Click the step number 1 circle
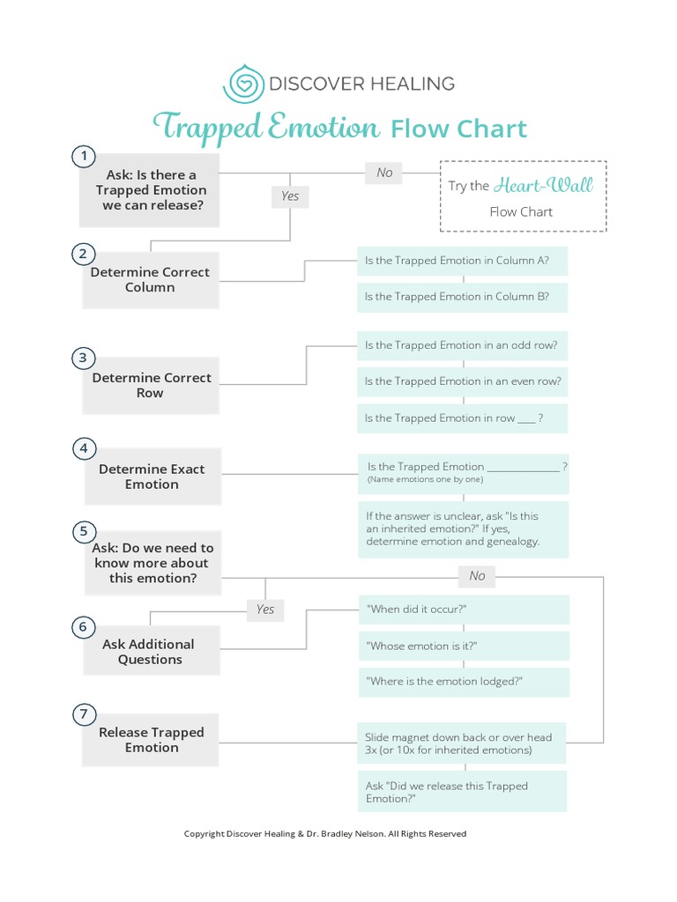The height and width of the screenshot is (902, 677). (83, 157)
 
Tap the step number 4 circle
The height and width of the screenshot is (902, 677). (83, 448)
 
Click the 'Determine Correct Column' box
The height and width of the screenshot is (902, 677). (151, 280)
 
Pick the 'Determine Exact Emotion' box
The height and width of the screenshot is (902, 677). (151, 477)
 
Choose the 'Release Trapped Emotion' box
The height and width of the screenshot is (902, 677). (151, 740)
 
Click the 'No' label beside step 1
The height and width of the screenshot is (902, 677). (384, 173)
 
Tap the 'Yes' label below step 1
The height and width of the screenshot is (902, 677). (290, 196)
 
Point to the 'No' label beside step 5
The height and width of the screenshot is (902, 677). (477, 575)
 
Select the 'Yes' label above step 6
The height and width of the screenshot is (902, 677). (265, 609)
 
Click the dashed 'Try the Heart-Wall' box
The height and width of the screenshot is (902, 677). (523, 196)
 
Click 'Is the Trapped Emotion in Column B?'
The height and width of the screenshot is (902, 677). (462, 297)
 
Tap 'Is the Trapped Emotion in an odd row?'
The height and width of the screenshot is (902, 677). (462, 345)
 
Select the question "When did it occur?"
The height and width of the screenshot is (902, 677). (464, 610)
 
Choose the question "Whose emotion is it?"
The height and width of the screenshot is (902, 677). (464, 646)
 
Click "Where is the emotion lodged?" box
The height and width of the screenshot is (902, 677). (464, 682)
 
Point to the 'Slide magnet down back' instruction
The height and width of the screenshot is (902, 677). (462, 743)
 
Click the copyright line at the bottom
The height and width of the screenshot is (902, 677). (324, 833)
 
